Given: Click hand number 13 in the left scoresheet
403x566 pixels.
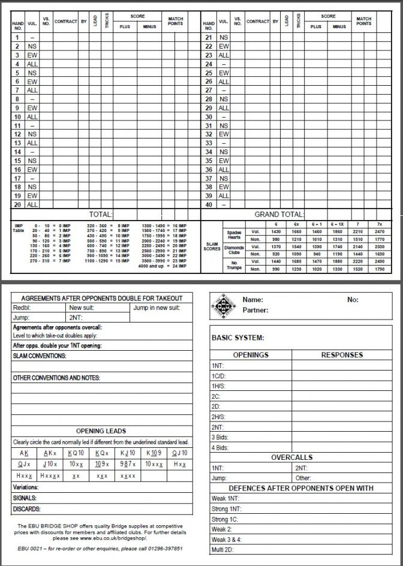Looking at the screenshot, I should pos(18,143).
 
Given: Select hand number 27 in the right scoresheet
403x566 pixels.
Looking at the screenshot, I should pos(208,90).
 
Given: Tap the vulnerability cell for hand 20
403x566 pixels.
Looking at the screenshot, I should pos(32,204).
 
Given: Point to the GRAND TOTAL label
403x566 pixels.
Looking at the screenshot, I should pos(279,214).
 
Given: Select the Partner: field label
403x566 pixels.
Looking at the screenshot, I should pos(255,311).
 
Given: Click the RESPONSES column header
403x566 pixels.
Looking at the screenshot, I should pos(341,354).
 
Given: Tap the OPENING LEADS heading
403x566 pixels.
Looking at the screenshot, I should pos(101,431).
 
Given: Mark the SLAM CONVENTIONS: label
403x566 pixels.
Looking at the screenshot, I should pos(40,356).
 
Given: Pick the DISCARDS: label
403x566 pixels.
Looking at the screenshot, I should pos(26,509).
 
